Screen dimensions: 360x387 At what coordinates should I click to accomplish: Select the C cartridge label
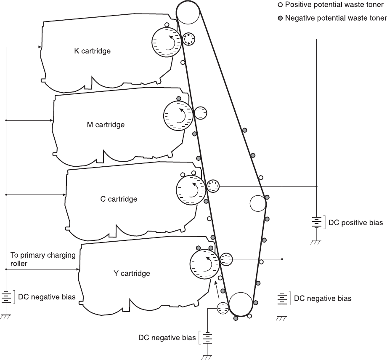click(119, 198)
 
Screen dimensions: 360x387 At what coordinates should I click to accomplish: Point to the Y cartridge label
click(132, 273)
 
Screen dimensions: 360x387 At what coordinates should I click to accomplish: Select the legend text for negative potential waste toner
click(336, 18)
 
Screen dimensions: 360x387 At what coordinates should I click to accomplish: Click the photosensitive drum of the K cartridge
click(167, 42)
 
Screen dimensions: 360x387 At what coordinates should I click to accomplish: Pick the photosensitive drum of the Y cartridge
click(204, 264)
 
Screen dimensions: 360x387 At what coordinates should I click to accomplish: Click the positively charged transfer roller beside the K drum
click(188, 39)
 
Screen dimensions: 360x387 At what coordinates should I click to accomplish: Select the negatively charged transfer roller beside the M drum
click(201, 113)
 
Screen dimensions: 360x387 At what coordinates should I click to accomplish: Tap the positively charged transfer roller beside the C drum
click(213, 186)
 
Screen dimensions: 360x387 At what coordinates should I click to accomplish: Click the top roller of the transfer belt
click(188, 13)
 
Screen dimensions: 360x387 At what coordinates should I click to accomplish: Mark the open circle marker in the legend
click(280, 5)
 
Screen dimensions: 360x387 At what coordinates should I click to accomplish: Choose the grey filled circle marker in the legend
click(280, 18)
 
